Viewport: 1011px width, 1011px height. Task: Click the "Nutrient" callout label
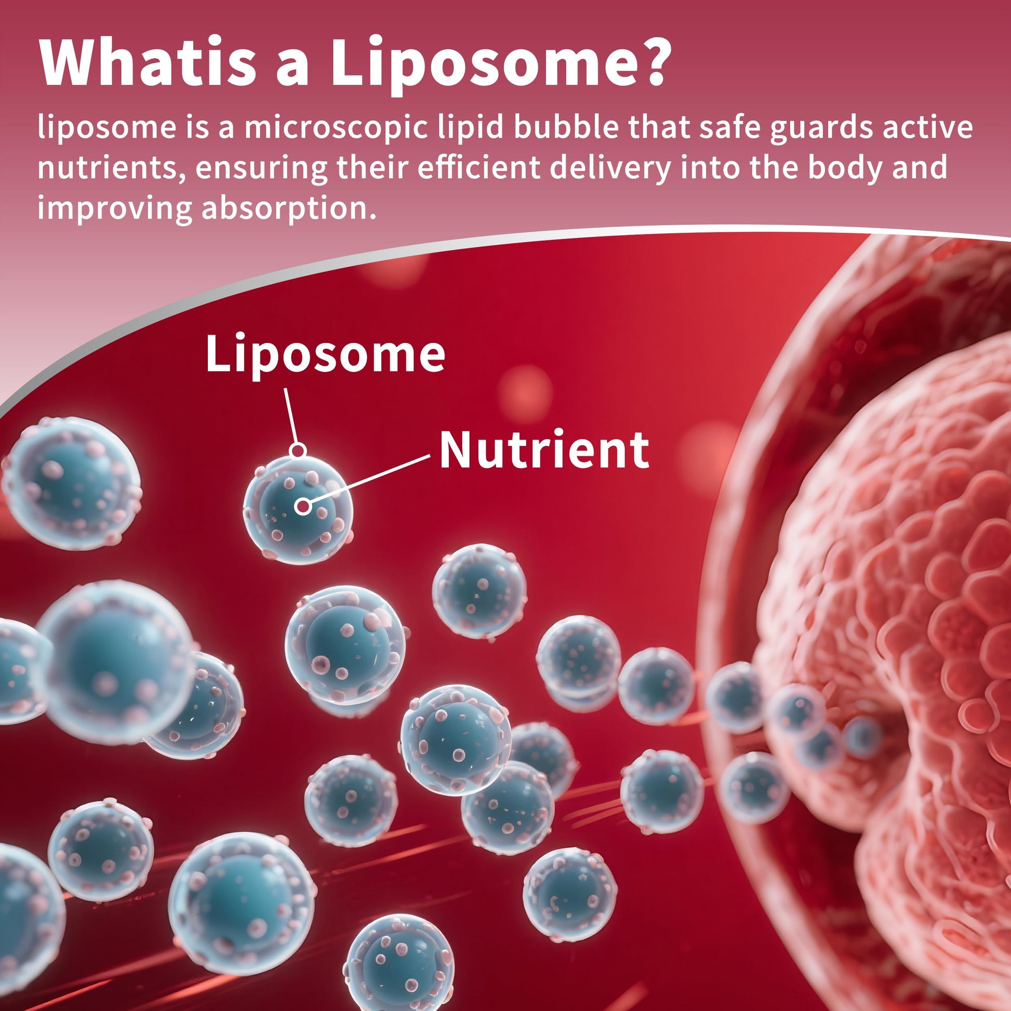click(x=544, y=449)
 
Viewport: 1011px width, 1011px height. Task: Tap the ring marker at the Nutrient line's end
click(x=302, y=506)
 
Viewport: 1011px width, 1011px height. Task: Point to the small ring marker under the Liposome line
click(x=298, y=449)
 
